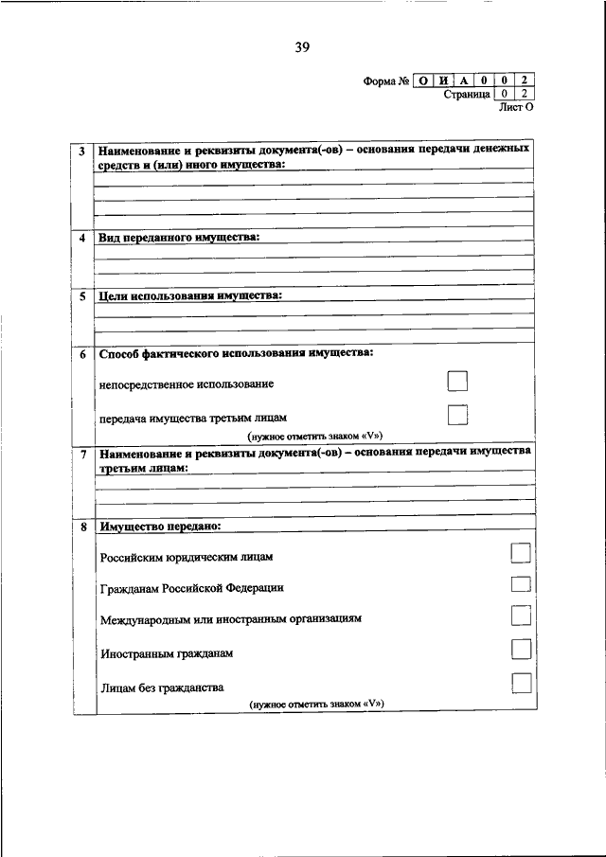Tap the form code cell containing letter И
pyautogui.click(x=443, y=81)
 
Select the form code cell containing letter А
pyautogui.click(x=464, y=81)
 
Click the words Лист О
pyautogui.click(x=516, y=108)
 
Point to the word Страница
pyautogui.click(x=466, y=95)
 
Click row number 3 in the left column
pyautogui.click(x=82, y=152)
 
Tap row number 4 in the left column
pyautogui.click(x=82, y=239)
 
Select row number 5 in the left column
pyautogui.click(x=82, y=296)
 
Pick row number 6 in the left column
pyautogui.click(x=82, y=354)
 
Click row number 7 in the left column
pyautogui.click(x=82, y=454)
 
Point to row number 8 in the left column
pyautogui.click(x=82, y=527)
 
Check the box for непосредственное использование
pyautogui.click(x=457, y=382)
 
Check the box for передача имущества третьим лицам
pyautogui.click(x=457, y=415)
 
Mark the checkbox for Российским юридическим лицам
pyautogui.click(x=521, y=552)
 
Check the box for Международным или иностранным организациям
pyautogui.click(x=521, y=616)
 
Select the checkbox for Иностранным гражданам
pyautogui.click(x=521, y=649)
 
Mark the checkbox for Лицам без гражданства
pyautogui.click(x=521, y=683)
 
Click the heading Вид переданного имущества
pyautogui.click(x=179, y=238)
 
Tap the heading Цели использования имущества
pyautogui.click(x=190, y=295)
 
